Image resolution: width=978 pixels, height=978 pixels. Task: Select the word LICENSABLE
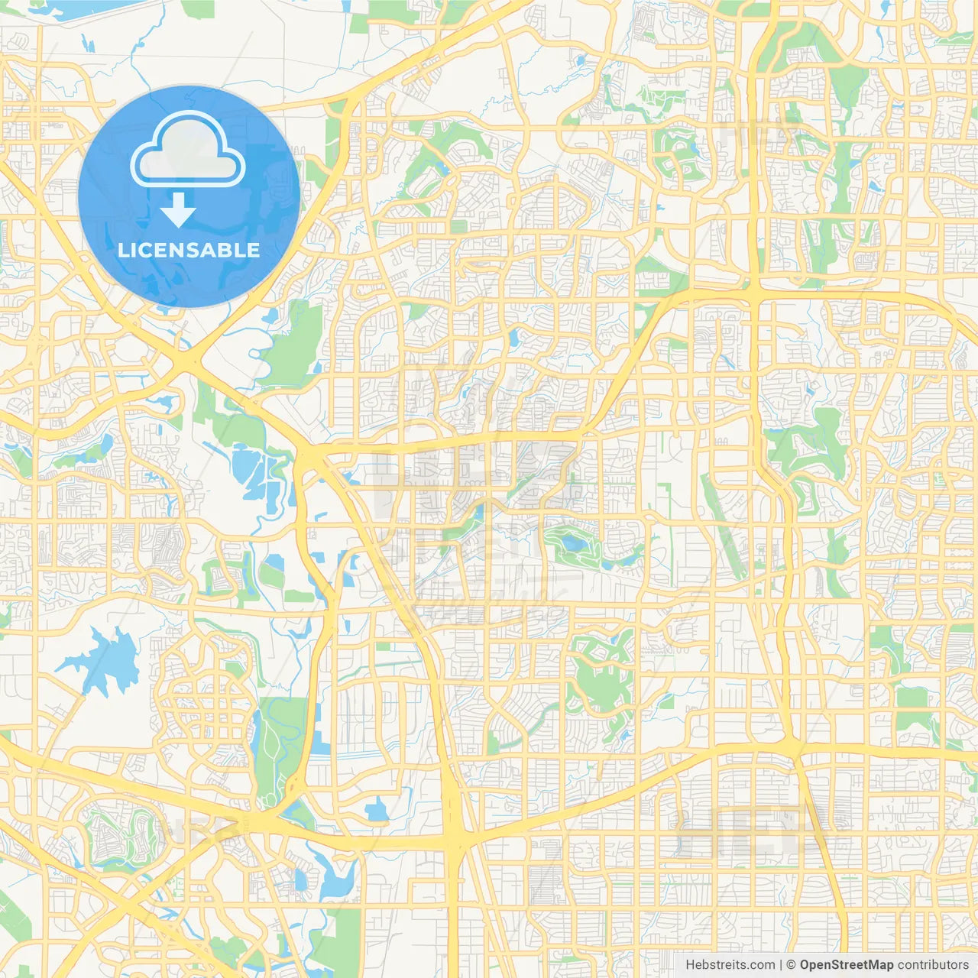pyautogui.click(x=189, y=250)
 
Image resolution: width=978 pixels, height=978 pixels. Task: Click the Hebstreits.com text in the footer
pyautogui.click(x=730, y=965)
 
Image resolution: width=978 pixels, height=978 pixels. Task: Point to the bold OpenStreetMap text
pyautogui.click(x=847, y=965)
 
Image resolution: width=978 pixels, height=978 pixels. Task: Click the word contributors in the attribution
pyautogui.click(x=933, y=965)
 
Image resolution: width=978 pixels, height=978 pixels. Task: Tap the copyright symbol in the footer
pyautogui.click(x=792, y=965)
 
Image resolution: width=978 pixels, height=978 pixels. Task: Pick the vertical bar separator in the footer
pyautogui.click(x=781, y=965)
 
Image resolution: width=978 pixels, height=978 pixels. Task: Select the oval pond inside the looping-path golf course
pyautogui.click(x=572, y=544)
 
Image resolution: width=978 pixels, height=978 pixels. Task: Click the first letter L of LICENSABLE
pyautogui.click(x=122, y=250)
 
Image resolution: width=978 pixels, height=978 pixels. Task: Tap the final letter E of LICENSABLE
pyautogui.click(x=254, y=250)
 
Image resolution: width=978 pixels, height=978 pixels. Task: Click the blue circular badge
pyautogui.click(x=189, y=196)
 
